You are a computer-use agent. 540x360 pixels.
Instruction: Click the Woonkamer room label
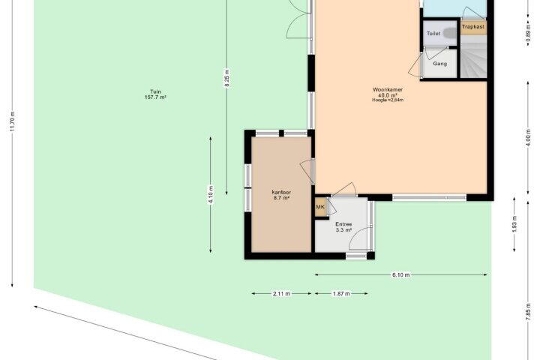pos(388,89)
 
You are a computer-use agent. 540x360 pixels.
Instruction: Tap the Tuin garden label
pos(155,91)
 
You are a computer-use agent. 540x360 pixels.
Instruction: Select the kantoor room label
pos(281,192)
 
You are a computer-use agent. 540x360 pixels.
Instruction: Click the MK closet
pos(321,207)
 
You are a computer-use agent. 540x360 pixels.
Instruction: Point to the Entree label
pos(343,224)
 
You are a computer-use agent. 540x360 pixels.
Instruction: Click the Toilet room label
pos(433,34)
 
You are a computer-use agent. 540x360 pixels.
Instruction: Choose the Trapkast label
pos(472,26)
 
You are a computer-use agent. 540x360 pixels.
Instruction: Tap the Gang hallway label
pos(439,64)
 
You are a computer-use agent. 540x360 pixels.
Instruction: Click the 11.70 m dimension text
pos(13,121)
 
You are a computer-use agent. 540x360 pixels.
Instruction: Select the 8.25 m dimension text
pos(226,79)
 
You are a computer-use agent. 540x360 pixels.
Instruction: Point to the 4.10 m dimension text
pos(211,195)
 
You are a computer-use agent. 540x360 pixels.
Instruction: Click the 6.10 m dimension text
pos(401,275)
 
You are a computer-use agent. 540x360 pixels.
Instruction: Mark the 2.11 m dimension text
pos(281,294)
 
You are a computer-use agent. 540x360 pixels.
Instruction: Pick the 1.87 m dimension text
pos(341,294)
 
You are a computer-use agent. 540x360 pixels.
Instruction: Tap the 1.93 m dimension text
pos(514,224)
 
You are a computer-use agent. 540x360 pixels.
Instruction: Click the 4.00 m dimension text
pos(528,138)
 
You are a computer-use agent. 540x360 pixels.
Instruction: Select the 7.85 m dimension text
pos(528,312)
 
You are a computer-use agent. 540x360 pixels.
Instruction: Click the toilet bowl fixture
pos(449,33)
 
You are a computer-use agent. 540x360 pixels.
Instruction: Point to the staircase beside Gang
pos(474,56)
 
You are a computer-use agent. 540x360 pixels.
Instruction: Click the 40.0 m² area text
pos(388,95)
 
